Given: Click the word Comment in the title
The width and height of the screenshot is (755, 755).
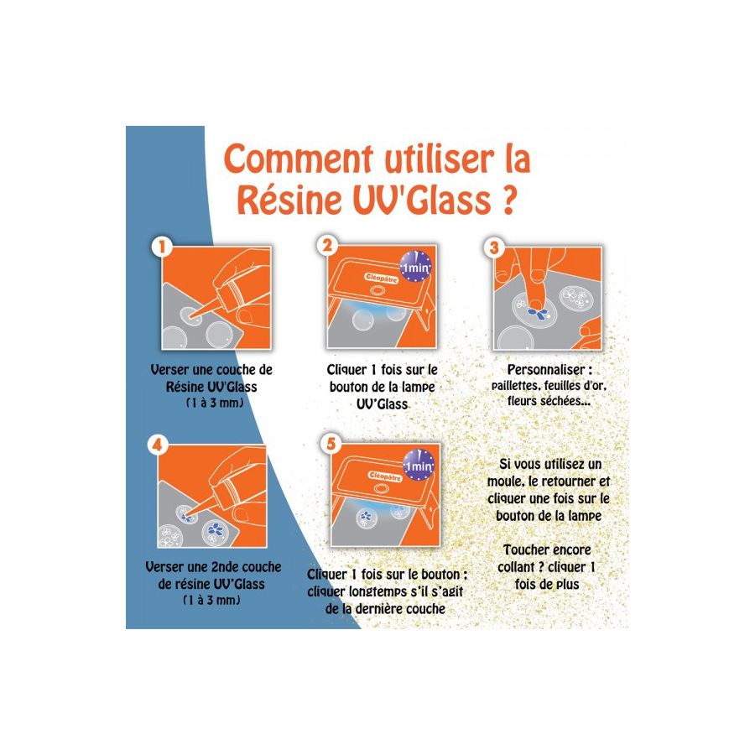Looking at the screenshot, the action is click(299, 159).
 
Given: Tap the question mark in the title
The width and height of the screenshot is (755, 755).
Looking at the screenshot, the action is click(508, 200).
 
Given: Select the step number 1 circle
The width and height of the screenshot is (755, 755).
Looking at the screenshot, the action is click(162, 247).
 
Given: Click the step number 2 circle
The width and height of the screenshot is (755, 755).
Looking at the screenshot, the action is click(327, 246).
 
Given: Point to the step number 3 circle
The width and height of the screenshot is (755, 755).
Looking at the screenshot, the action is click(494, 247).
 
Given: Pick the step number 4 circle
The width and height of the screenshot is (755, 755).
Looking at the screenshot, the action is click(158, 445).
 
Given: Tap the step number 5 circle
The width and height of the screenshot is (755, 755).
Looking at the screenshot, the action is click(331, 444).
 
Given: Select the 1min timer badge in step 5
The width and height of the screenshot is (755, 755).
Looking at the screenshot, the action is click(419, 466).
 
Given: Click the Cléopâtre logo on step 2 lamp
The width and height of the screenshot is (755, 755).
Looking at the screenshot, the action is click(382, 279).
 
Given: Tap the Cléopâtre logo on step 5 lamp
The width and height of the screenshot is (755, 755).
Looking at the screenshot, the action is click(385, 476).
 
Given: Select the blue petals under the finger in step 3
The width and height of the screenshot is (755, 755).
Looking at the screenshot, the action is click(537, 314).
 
